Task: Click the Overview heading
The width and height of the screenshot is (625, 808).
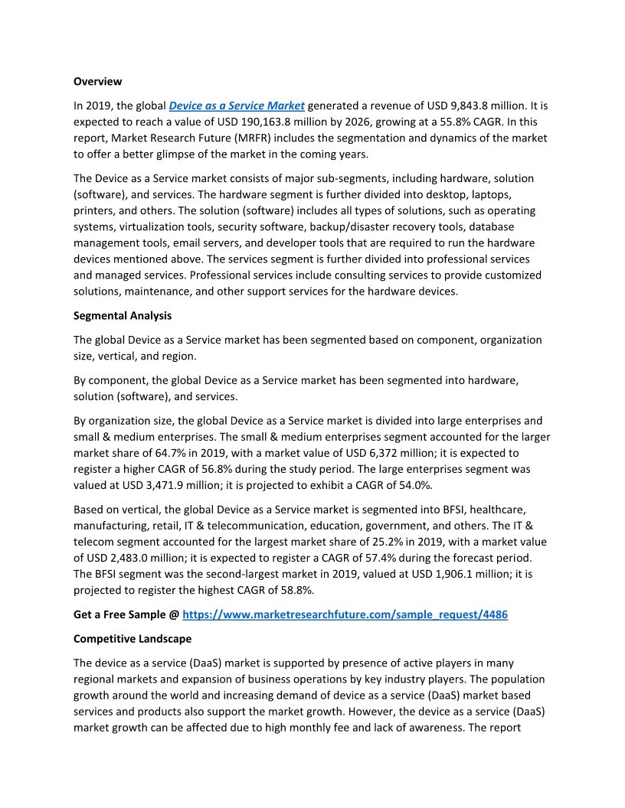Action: tap(97, 81)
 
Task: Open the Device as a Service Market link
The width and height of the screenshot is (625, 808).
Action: tap(237, 106)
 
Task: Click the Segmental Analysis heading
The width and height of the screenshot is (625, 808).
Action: tap(123, 315)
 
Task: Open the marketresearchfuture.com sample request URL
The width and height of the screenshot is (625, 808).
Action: tap(345, 614)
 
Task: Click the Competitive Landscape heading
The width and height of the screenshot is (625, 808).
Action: tap(133, 638)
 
